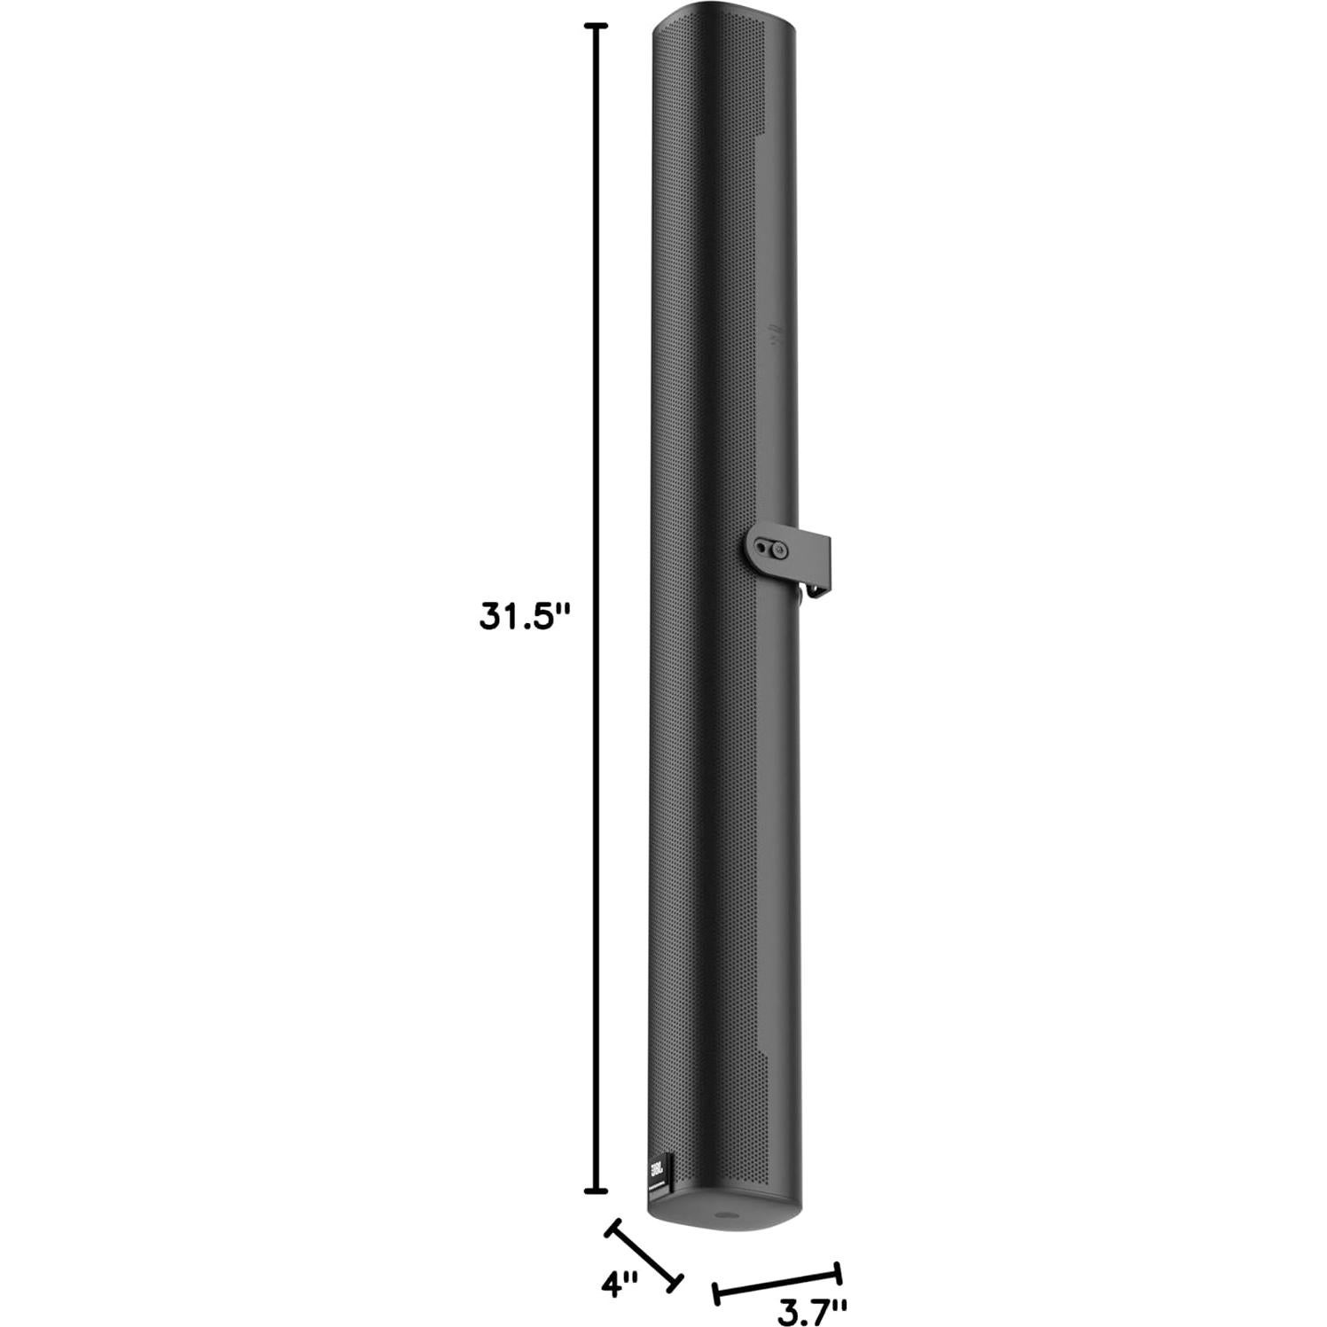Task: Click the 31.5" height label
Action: click(x=521, y=616)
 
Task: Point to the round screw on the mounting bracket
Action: click(x=779, y=550)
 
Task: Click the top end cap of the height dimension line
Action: click(x=600, y=27)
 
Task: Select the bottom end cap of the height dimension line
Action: click(x=600, y=1190)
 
